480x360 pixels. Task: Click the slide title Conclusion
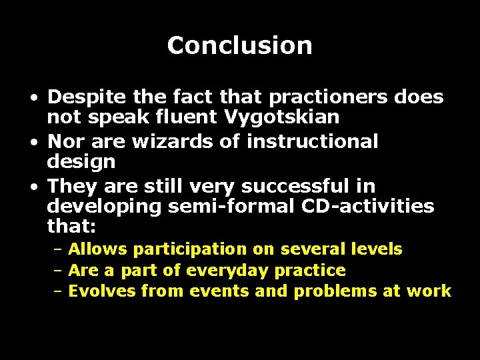[x=239, y=45]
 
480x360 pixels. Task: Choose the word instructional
[x=312, y=141]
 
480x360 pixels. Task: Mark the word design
[x=81, y=162]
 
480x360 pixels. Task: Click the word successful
[x=301, y=185]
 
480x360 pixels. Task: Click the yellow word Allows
[x=98, y=249]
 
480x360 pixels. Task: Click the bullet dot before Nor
[x=33, y=142]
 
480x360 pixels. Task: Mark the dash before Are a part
[x=58, y=271]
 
